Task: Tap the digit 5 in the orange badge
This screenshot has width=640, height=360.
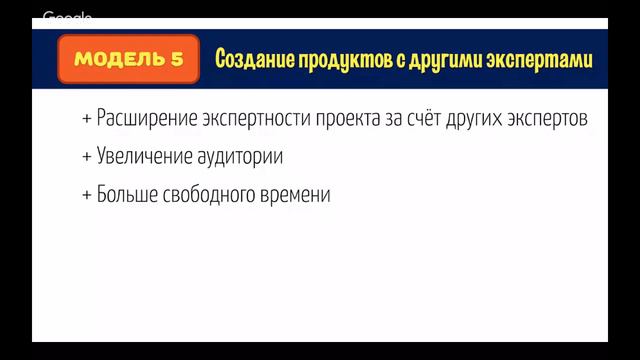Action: click(x=177, y=59)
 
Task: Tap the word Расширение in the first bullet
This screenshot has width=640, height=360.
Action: click(x=144, y=119)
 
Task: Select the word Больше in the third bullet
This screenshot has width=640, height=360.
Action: click(x=126, y=195)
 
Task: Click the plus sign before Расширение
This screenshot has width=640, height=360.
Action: click(x=87, y=120)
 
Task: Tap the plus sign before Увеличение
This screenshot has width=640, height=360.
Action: click(x=87, y=158)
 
